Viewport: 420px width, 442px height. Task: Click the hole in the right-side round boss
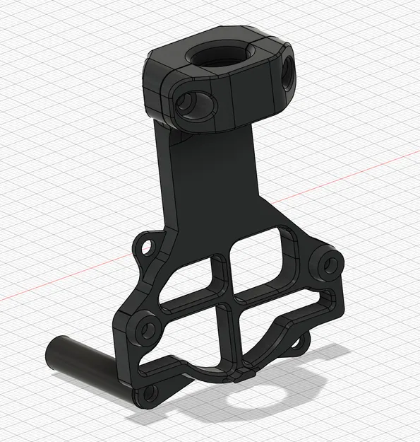click(329, 264)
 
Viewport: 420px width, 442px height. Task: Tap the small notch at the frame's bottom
click(241, 373)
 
